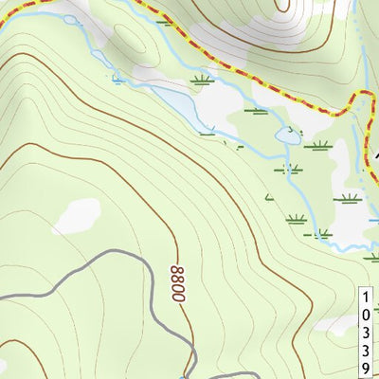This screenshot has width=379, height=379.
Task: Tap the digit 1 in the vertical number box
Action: point(366,298)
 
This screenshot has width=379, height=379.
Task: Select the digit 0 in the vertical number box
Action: point(366,316)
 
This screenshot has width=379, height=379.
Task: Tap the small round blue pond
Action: point(285,136)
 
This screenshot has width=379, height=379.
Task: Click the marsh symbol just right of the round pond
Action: point(318,146)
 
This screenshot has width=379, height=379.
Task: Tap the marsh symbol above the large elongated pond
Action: point(201,80)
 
